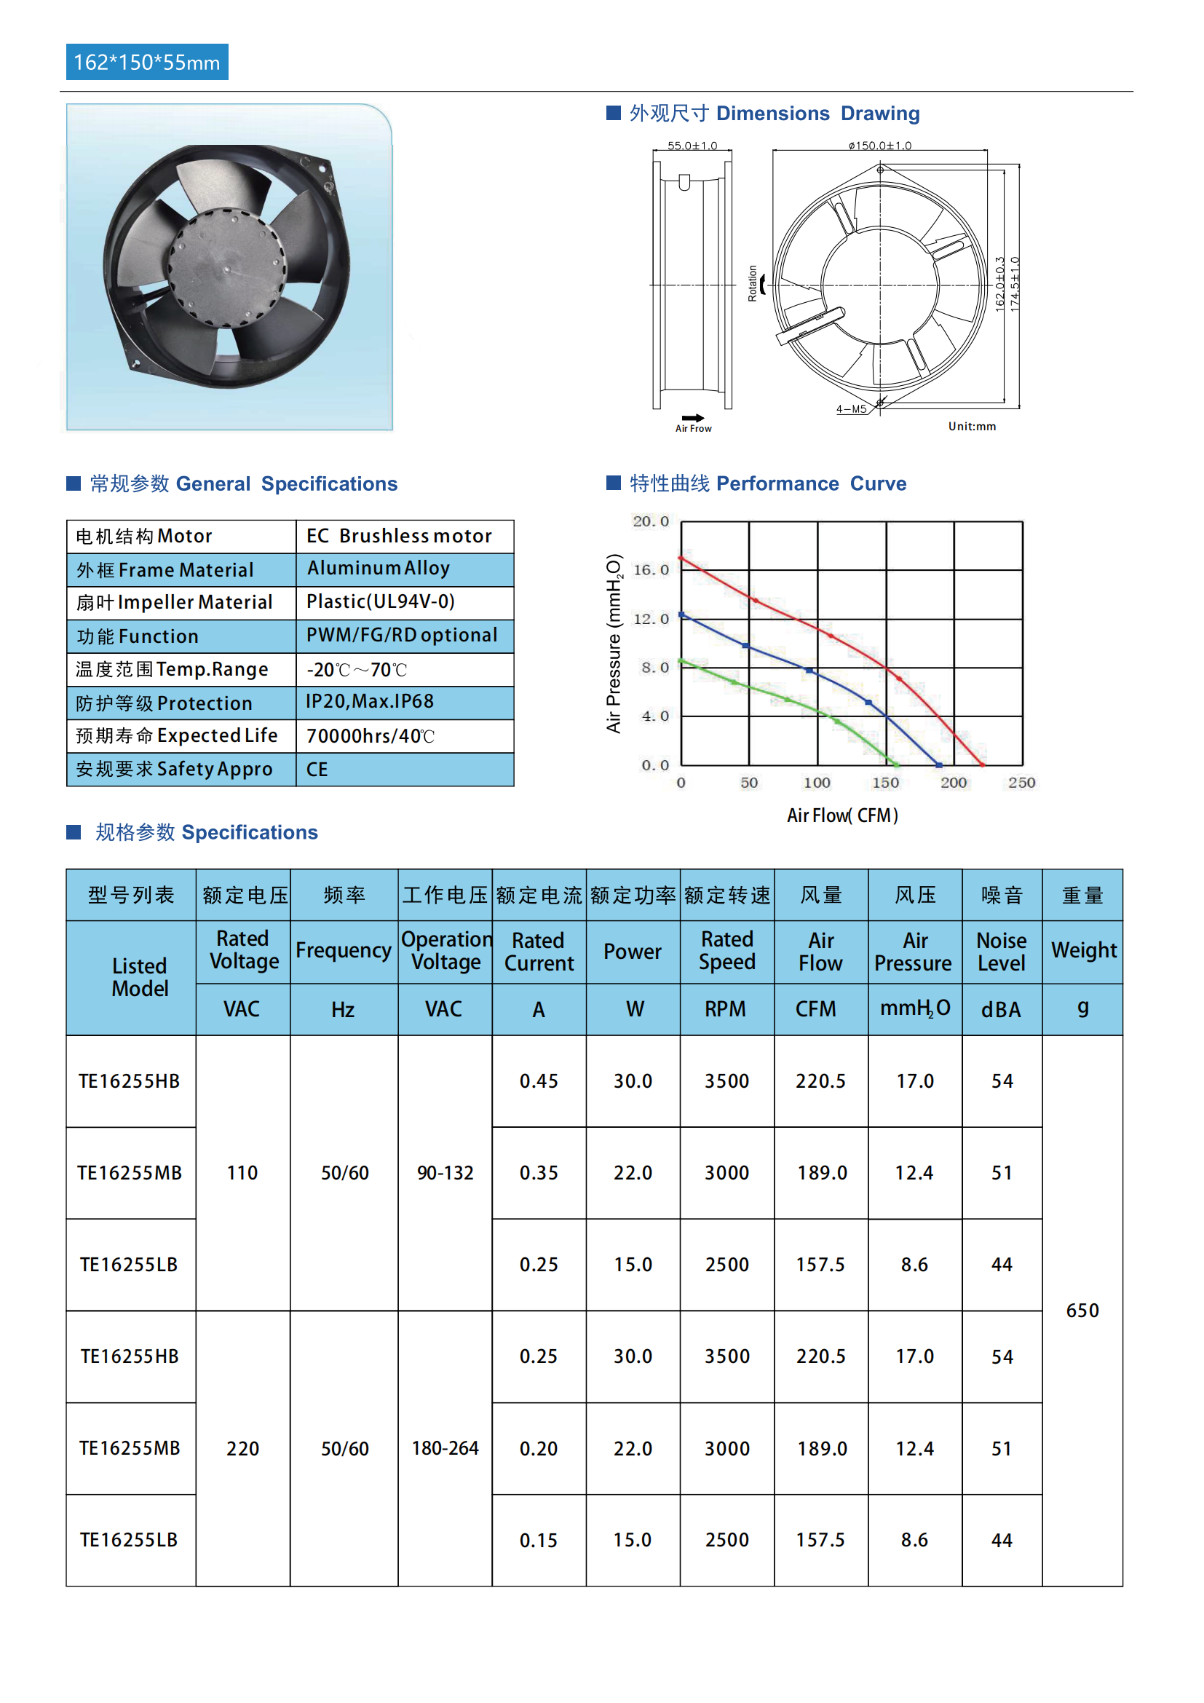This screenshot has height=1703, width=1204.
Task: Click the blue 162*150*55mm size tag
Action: pos(147,63)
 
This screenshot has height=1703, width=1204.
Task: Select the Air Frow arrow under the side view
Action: pos(693,419)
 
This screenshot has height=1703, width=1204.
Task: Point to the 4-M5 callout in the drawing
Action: pos(851,408)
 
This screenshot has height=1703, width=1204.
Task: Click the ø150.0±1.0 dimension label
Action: pos(880,146)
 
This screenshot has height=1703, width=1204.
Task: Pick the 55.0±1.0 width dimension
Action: pos(692,146)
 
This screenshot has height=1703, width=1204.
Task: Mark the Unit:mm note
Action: pos(971,427)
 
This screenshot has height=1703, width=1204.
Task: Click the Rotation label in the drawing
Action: pos(753,283)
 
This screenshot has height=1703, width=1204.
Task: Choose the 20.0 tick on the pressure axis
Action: pos(650,521)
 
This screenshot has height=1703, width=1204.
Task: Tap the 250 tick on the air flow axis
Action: pos(1021,783)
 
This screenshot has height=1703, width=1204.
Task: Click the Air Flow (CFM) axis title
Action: pos(842,816)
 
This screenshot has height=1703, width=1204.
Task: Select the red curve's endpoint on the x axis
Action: pos(982,764)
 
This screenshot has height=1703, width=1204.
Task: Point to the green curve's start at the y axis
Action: pos(682,660)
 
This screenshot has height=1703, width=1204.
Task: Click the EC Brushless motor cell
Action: pos(399,537)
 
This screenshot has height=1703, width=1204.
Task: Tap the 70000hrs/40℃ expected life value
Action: pos(370,736)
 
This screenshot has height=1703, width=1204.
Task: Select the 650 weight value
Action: pos(1082,1311)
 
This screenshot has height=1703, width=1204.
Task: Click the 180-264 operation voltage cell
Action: pos(445,1448)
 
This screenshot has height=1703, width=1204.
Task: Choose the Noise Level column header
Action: pos(1002,952)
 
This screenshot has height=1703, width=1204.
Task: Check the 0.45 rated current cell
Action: pos(538,1081)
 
